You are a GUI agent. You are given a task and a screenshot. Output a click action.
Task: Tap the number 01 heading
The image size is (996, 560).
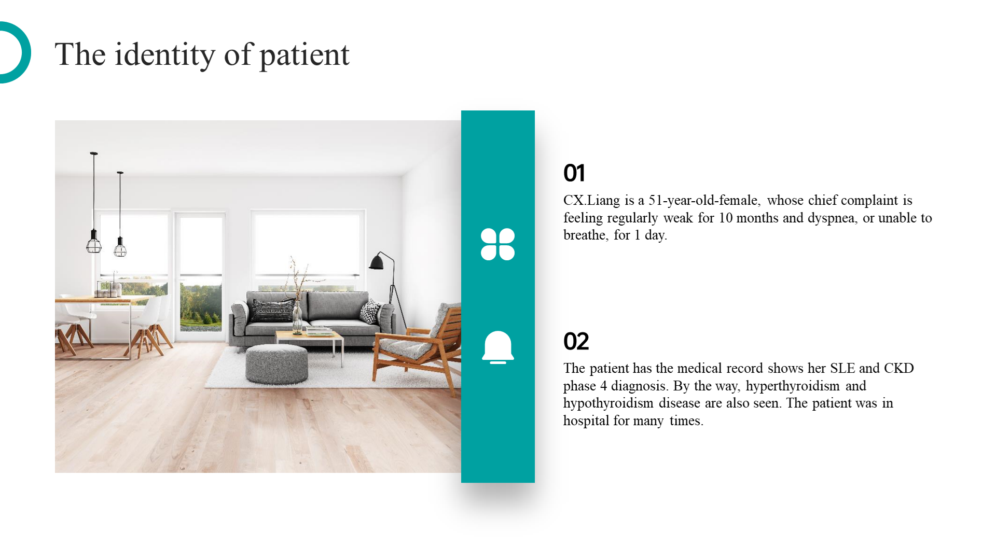click(574, 173)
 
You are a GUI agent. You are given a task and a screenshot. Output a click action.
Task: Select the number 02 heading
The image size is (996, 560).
click(576, 341)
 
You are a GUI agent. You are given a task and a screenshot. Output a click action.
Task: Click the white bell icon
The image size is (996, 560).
click(498, 347)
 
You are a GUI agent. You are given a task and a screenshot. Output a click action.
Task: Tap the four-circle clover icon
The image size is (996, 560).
click(498, 244)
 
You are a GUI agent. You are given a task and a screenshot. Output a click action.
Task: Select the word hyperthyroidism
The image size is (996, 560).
click(793, 386)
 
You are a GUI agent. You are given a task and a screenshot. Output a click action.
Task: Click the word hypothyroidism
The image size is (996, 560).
click(608, 403)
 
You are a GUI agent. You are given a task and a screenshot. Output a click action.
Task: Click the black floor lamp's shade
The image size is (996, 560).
click(377, 262)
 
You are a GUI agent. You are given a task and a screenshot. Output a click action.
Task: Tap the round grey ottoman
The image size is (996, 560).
click(276, 364)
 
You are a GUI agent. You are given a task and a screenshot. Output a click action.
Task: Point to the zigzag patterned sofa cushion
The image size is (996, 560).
click(371, 312)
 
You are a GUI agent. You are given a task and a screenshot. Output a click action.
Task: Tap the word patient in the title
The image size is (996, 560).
click(305, 55)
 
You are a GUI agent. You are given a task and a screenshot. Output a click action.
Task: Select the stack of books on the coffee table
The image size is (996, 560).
click(320, 330)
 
